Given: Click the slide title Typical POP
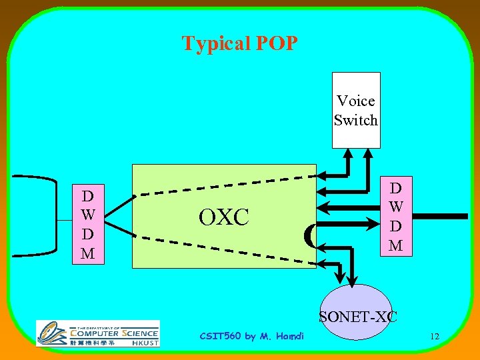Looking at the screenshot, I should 239,44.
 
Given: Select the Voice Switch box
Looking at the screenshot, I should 356,110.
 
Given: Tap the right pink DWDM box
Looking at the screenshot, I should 395,215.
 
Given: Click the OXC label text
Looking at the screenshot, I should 223,217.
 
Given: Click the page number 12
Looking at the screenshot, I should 434,336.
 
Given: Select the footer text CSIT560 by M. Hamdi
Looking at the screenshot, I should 251,336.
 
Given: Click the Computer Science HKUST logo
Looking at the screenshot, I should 98,333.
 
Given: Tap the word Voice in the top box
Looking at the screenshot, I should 356,101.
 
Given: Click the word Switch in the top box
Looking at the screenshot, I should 356,120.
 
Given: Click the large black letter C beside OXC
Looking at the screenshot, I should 309,235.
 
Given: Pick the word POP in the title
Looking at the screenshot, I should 275,44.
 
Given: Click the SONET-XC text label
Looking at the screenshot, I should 358,317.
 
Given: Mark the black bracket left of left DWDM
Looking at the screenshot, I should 33,216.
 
